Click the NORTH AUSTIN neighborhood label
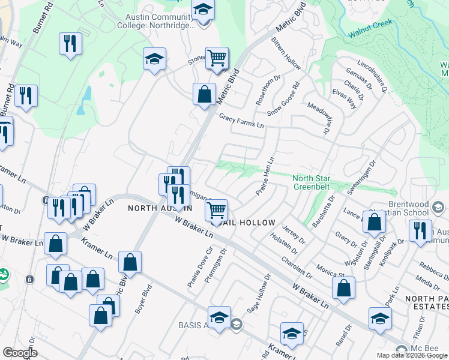pos(160,208)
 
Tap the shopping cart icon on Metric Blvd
pos(217,58)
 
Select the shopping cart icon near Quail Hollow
pos(216,211)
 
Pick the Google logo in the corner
pos(20,353)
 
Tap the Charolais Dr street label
pos(297,268)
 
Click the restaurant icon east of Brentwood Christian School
pos(420,231)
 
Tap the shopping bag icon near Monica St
pos(343,288)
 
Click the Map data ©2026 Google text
pos(411,355)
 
